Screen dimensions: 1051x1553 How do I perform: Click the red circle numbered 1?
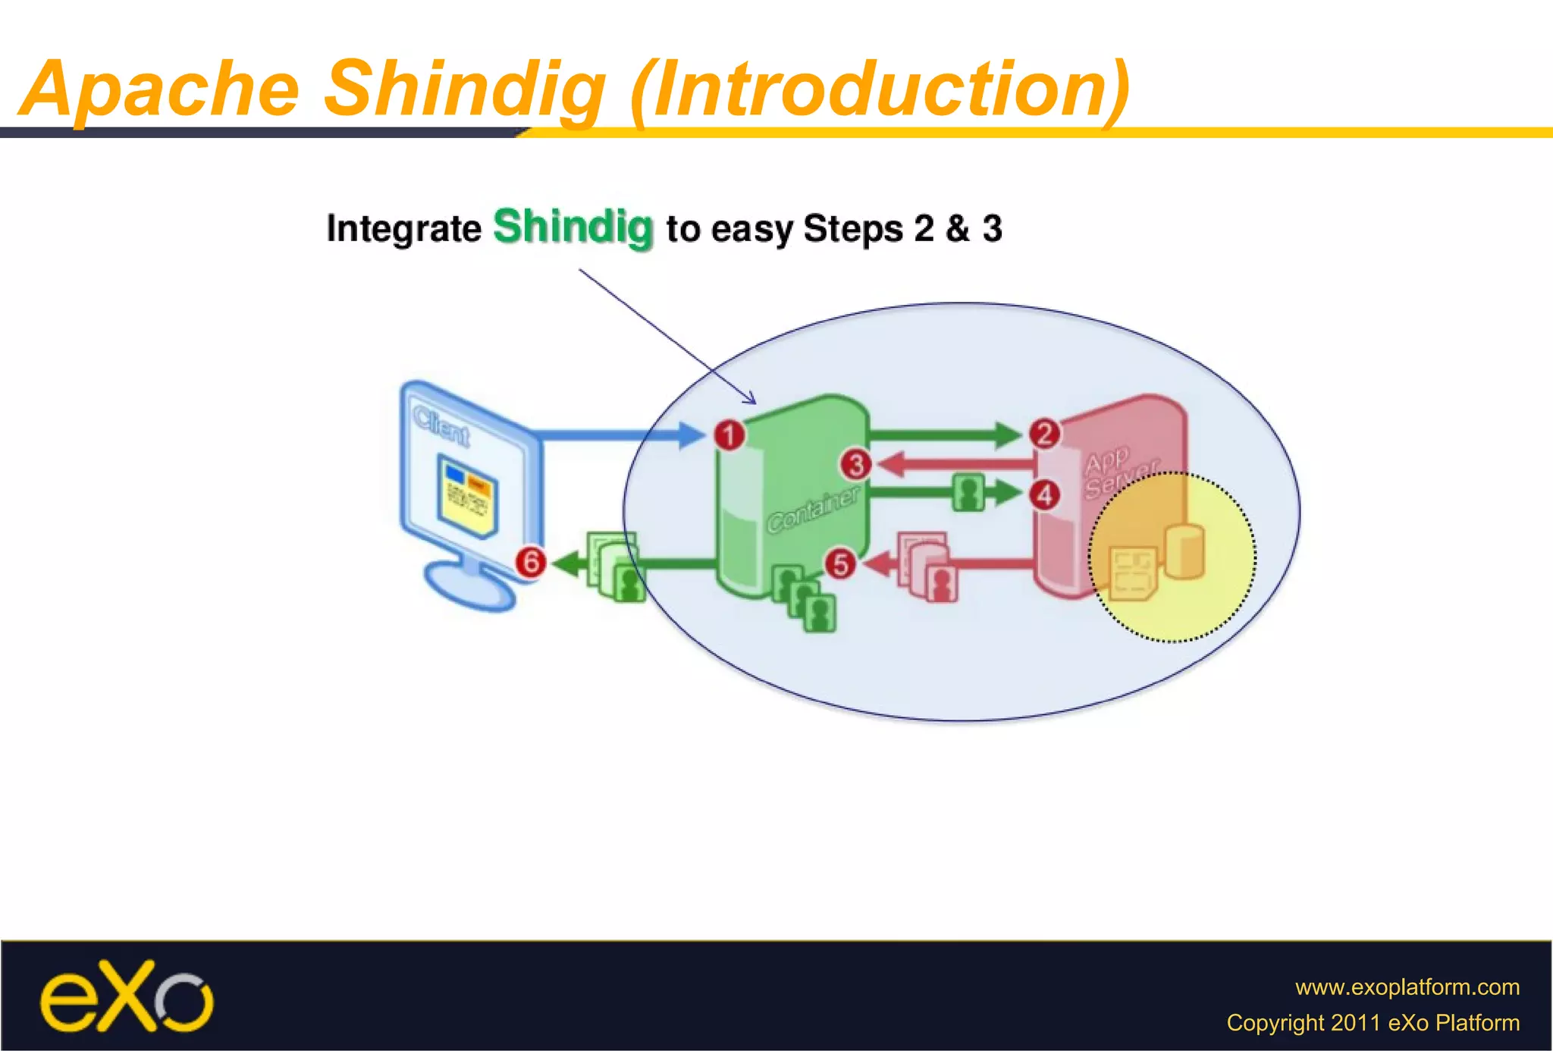click(729, 435)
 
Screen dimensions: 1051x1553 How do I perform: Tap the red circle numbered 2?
click(1044, 434)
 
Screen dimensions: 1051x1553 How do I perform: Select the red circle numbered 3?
click(855, 464)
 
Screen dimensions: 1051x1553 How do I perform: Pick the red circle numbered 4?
click(1044, 495)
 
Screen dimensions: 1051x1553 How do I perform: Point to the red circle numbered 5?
click(840, 564)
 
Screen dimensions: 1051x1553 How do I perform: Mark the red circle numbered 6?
click(530, 562)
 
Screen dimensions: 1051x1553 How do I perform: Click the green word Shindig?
click(573, 227)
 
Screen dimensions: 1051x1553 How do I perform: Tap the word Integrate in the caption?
click(403, 228)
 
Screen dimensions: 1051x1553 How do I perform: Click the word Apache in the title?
click(161, 89)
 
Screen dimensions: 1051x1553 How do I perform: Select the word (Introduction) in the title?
click(880, 90)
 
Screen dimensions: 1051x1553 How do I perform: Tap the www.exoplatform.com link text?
click(1407, 987)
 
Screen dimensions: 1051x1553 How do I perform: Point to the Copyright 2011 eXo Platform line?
click(1373, 1022)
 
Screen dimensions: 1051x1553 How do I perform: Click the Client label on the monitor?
click(441, 426)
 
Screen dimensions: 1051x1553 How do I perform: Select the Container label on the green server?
click(813, 510)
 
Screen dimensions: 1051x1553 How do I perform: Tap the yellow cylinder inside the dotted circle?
click(1184, 551)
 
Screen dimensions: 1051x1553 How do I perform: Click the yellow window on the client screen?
click(466, 496)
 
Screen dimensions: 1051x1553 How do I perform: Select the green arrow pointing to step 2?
click(944, 435)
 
